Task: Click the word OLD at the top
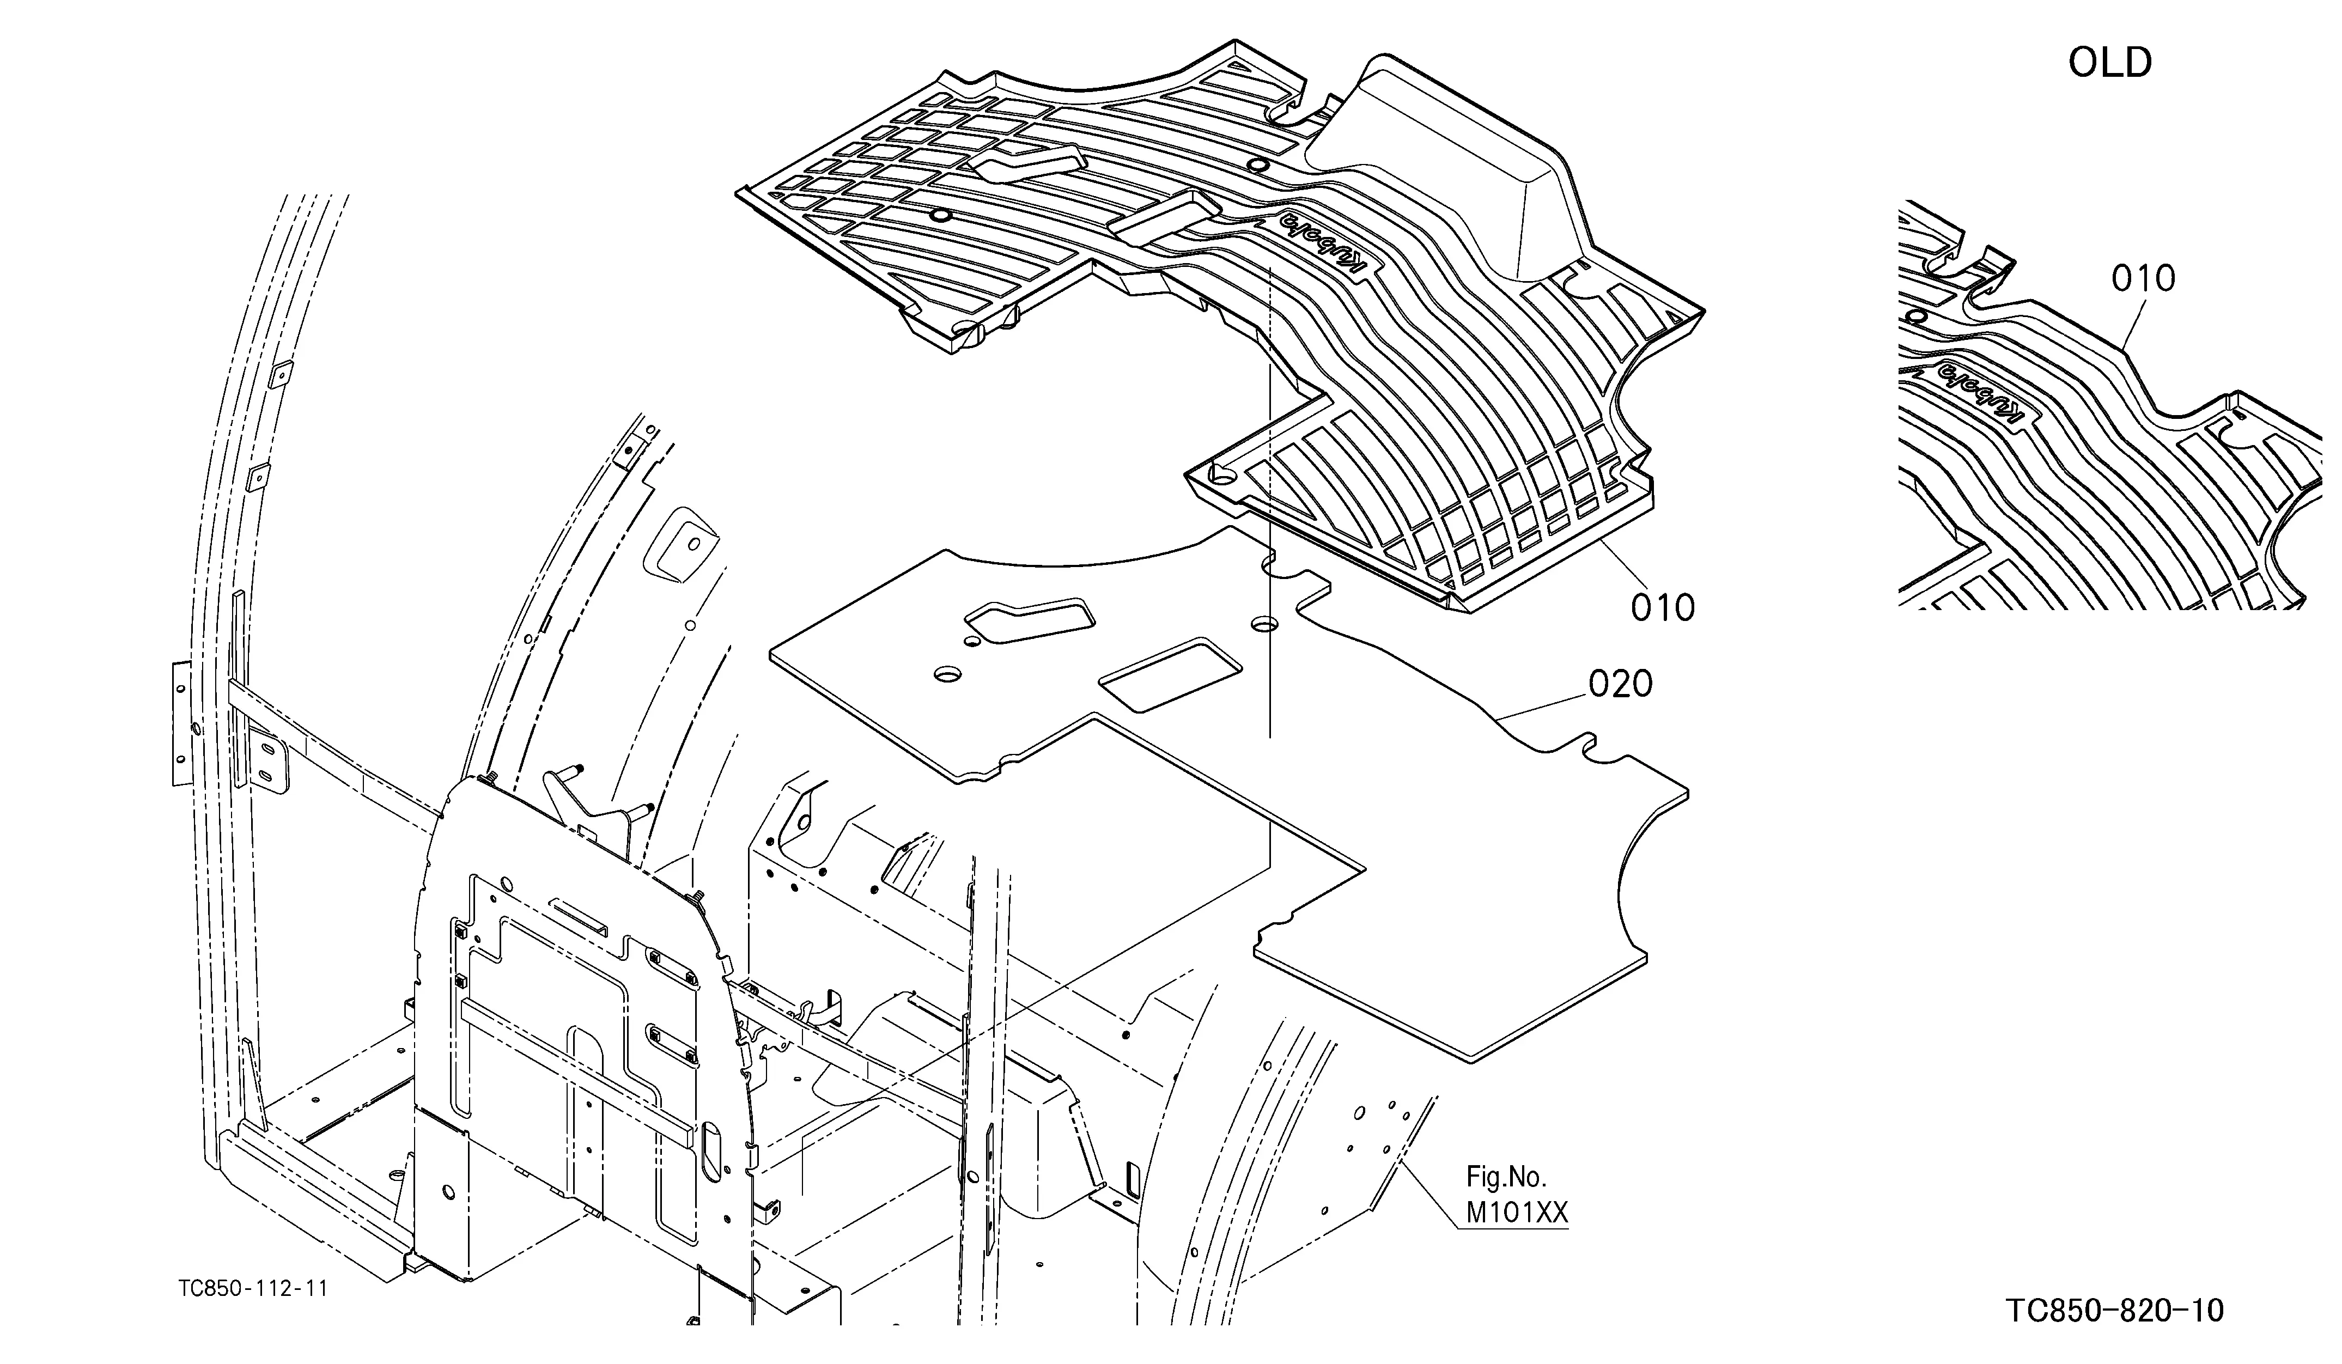[x=2110, y=63]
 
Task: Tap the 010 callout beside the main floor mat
[x=1663, y=608]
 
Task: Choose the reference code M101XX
[x=1517, y=1213]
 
